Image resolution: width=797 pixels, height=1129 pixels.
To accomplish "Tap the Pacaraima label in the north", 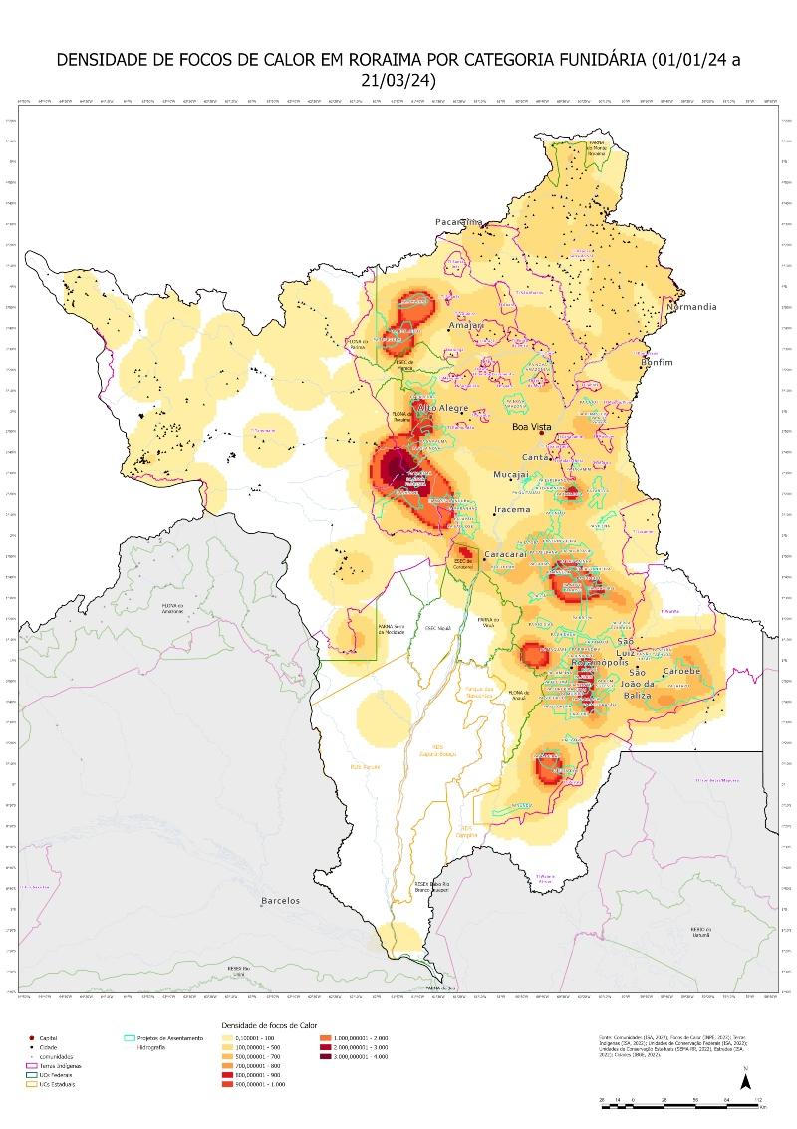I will [x=458, y=221].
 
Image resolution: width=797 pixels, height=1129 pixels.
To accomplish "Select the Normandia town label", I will [x=692, y=307].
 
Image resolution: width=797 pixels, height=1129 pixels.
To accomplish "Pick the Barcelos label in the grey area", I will [x=280, y=901].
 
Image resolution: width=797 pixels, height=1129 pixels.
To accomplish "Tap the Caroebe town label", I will [x=682, y=672].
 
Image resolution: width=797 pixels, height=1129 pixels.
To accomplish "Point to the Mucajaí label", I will [x=516, y=476].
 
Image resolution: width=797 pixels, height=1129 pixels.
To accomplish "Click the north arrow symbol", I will [x=745, y=1079].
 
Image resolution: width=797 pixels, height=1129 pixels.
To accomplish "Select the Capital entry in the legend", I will [x=48, y=1038].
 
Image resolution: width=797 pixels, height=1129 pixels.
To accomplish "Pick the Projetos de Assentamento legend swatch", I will [x=129, y=1038].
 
